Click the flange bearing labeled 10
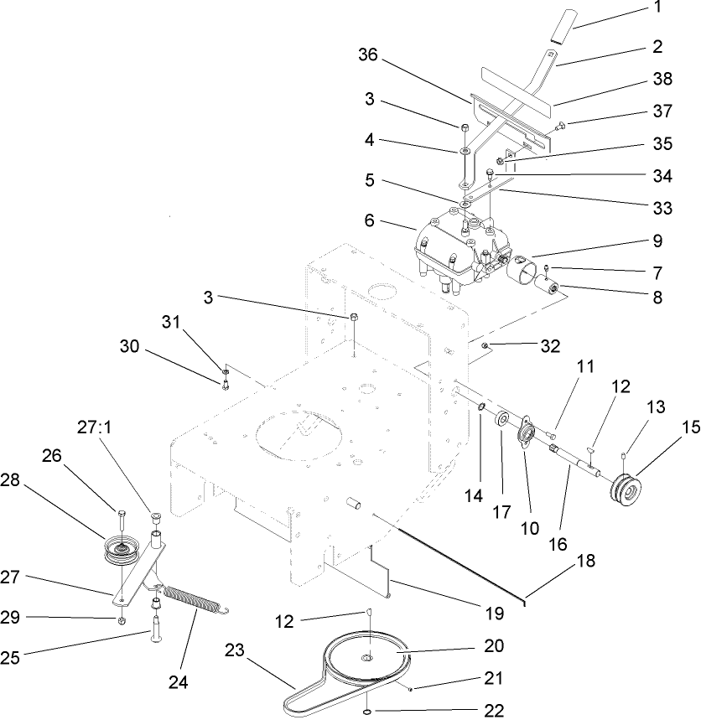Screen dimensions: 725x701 pos(527,437)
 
